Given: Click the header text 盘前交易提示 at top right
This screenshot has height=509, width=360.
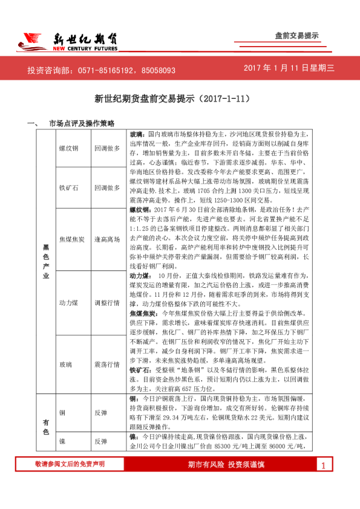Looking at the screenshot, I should (297, 36).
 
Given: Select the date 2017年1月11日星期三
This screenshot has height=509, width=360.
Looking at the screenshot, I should (289, 68).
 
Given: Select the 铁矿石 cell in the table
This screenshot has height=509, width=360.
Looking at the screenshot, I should (68, 188).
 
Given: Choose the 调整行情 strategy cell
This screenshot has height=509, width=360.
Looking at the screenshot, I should (107, 302).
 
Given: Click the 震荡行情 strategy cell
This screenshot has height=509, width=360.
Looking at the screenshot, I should (107, 365).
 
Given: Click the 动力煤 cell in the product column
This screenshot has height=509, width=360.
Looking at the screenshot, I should (68, 302).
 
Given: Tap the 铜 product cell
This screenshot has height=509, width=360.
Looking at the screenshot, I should (62, 412).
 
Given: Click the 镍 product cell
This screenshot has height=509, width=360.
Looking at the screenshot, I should (62, 442).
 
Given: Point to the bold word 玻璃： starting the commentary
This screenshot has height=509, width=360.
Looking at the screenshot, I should (138, 132).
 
